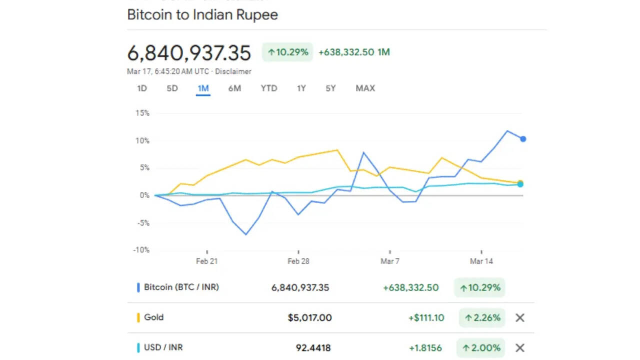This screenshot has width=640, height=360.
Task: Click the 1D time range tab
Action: (142, 88)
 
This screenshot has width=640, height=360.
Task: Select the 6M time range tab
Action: (234, 88)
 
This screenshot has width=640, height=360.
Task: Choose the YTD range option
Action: (268, 88)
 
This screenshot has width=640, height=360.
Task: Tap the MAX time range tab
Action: (365, 88)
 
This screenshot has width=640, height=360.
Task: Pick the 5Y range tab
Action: (330, 88)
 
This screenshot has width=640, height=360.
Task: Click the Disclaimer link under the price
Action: (233, 71)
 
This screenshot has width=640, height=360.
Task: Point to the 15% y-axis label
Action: (142, 113)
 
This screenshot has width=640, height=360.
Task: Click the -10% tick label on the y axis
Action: (141, 250)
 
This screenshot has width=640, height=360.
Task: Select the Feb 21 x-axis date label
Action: (206, 261)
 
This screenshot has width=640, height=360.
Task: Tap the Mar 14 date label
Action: (481, 261)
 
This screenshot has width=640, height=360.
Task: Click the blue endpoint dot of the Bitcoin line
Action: (523, 139)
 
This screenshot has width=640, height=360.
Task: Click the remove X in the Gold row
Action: (520, 317)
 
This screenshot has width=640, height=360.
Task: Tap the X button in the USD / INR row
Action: (520, 348)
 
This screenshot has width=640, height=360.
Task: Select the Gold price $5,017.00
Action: (309, 317)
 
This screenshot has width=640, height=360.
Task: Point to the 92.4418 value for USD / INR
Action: (313, 348)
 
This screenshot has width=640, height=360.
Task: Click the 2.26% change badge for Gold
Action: (482, 317)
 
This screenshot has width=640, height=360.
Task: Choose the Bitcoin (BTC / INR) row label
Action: (181, 287)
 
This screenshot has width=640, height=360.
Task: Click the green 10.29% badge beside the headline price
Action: (287, 52)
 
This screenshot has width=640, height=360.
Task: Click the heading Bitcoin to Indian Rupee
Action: (202, 14)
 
